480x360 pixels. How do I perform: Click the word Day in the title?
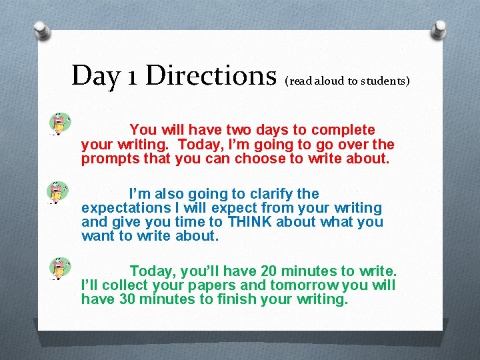tap(95, 75)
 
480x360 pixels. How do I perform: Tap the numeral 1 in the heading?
tap(131, 75)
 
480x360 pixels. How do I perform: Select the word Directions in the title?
tap(211, 75)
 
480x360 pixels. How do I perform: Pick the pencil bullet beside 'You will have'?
tap(59, 123)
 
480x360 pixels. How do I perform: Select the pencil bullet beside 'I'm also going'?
tap(58, 192)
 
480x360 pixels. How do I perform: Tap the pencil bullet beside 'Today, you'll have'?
tap(59, 268)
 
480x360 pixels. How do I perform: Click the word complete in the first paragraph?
tap(344, 130)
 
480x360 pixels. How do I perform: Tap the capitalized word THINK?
tap(249, 223)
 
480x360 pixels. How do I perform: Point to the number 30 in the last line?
tap(128, 299)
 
